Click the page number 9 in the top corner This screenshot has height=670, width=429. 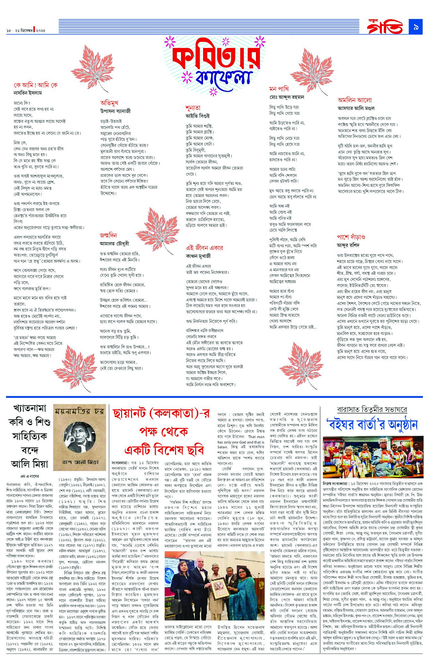(415, 28)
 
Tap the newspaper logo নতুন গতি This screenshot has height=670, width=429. (384, 27)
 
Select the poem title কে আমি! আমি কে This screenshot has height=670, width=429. (35, 85)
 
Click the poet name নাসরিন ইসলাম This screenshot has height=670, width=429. (28, 93)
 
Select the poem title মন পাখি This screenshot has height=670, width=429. (279, 89)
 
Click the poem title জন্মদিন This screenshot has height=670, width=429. (108, 235)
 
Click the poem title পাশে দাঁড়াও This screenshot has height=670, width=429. (351, 236)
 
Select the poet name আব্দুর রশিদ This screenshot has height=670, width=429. (347, 245)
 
